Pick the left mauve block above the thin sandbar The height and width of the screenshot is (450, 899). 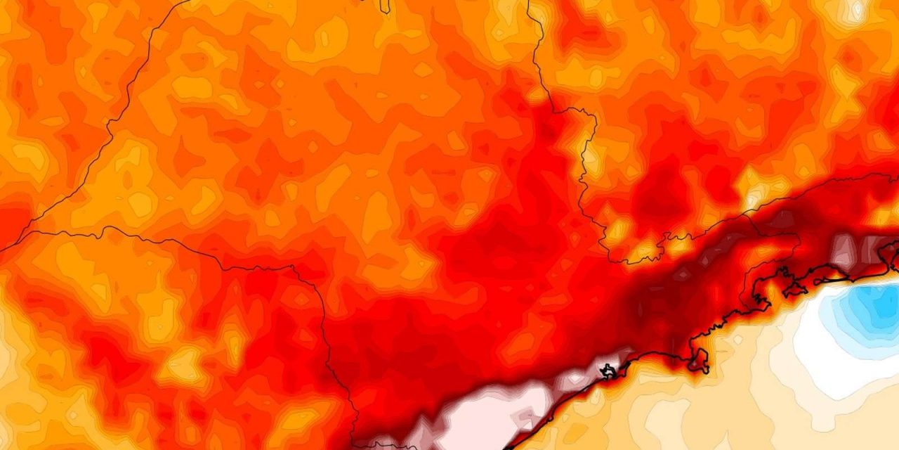coord(844,247)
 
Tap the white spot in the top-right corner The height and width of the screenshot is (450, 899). coord(858,10)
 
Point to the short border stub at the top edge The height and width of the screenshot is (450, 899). coord(385,6)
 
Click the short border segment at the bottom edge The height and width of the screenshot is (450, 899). coord(383,444)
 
